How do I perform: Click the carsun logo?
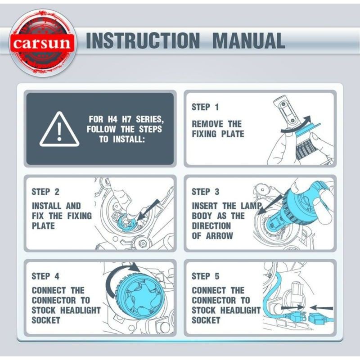coord(42,42)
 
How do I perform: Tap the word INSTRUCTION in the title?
coord(143,40)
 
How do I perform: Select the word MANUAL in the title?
coord(249,40)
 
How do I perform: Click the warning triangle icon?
coord(59,129)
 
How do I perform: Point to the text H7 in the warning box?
coord(126,119)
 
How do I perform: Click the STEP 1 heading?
coord(205,107)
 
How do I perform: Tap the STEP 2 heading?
coord(45,192)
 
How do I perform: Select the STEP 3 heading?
coord(206,192)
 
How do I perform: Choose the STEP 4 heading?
coord(45,276)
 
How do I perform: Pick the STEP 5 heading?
coord(206,276)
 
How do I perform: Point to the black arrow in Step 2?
coord(148,211)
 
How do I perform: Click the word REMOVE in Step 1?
coord(207,124)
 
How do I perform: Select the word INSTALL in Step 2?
coord(47,206)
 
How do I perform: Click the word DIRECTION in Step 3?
coord(211,226)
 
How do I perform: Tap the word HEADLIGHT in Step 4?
coord(81,310)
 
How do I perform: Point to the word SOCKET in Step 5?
coord(206,320)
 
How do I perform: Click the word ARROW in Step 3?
coord(219,236)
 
